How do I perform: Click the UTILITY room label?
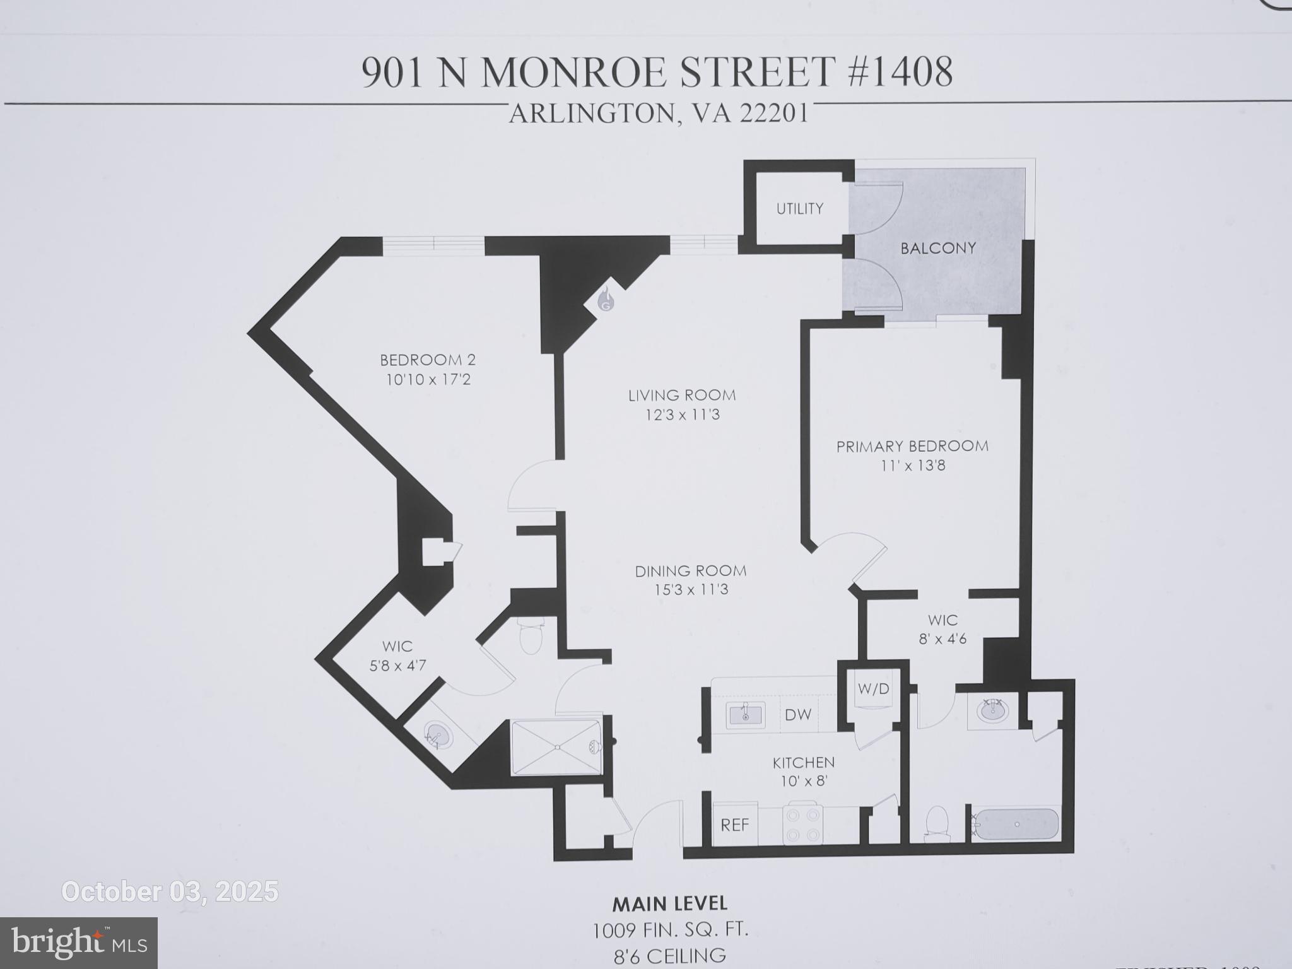(799, 209)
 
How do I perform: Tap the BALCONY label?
(938, 248)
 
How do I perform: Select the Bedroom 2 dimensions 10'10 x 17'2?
(428, 380)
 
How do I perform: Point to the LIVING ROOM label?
(682, 396)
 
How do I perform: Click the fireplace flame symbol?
(606, 300)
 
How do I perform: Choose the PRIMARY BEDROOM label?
(912, 447)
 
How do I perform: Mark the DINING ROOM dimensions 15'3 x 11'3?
(691, 590)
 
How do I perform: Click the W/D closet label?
(873, 689)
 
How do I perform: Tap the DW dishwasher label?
(798, 715)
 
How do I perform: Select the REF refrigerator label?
(735, 825)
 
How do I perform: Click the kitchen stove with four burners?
(802, 823)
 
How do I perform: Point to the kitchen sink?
(745, 715)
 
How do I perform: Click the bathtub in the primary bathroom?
(1016, 823)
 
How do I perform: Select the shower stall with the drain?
(556, 748)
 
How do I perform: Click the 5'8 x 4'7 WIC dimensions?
(397, 666)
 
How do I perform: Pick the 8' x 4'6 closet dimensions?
(943, 639)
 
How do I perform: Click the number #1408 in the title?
(900, 72)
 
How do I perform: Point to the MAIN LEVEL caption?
(669, 904)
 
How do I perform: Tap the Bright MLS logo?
(79, 943)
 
